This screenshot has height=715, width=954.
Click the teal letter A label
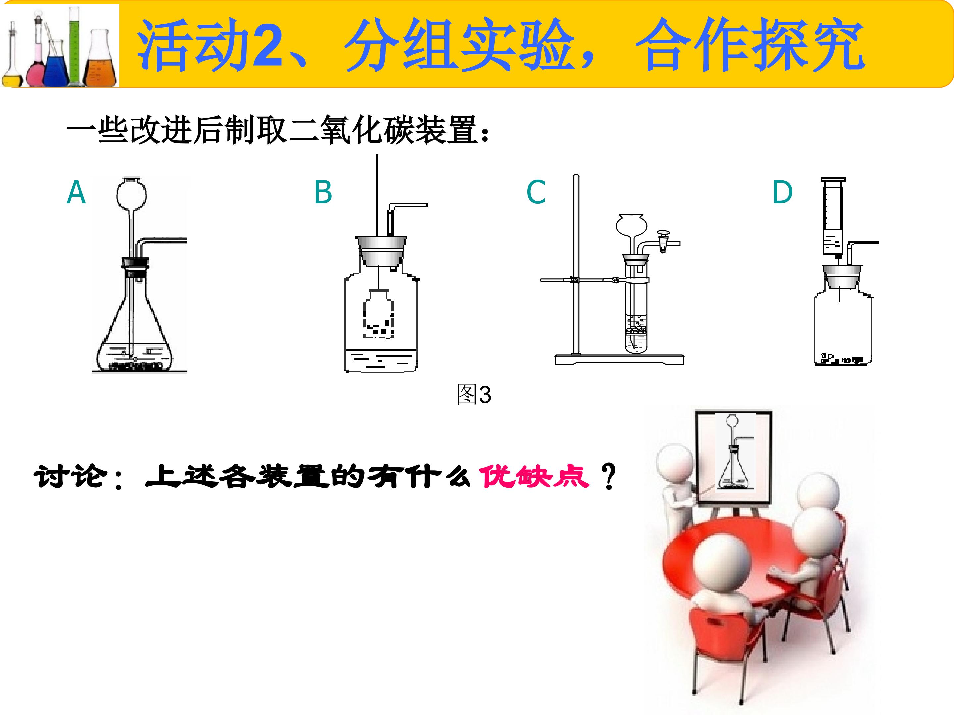tap(76, 192)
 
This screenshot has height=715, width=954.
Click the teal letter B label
tap(323, 192)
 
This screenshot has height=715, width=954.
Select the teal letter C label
tap(536, 192)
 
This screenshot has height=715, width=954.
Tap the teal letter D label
tap(782, 192)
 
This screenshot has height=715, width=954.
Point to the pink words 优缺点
tap(534, 477)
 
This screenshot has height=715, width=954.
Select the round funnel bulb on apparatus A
tap(132, 194)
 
